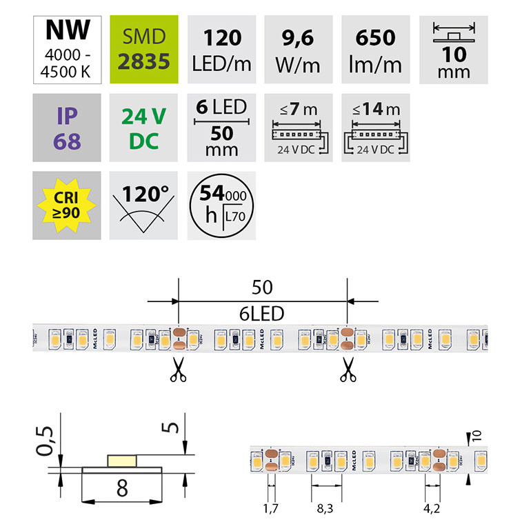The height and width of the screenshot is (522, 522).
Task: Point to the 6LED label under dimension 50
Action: click(262, 312)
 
